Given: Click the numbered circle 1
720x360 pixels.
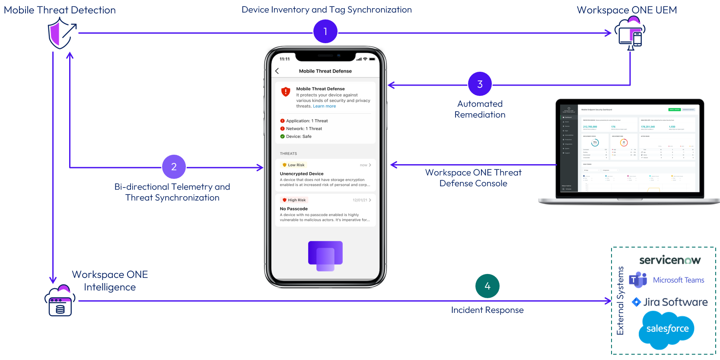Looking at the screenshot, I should pyautogui.click(x=325, y=32).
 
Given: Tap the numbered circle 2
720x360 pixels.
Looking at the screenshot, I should pyautogui.click(x=174, y=167).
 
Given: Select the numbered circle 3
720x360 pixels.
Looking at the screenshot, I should pyautogui.click(x=480, y=84).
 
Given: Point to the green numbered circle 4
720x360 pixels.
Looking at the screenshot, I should pyautogui.click(x=487, y=286).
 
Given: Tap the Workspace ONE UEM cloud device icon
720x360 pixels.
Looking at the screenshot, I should pyautogui.click(x=631, y=33).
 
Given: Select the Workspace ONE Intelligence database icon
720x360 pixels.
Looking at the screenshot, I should pyautogui.click(x=60, y=301).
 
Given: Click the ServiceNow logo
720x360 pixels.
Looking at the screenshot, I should pyautogui.click(x=669, y=260).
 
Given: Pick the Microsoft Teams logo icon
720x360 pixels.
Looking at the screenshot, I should pyautogui.click(x=638, y=280).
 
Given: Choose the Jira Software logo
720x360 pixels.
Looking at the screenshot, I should pyautogui.click(x=669, y=302).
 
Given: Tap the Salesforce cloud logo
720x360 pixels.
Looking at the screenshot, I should pyautogui.click(x=667, y=329).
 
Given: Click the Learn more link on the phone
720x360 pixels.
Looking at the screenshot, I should pyautogui.click(x=324, y=106).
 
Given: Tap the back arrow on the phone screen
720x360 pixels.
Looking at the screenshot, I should pyautogui.click(x=277, y=71).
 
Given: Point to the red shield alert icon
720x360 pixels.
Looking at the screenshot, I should pyautogui.click(x=286, y=92).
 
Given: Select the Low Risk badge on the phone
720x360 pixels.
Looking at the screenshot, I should pyautogui.click(x=293, y=165).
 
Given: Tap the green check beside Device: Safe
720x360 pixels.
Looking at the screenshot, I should pyautogui.click(x=282, y=137).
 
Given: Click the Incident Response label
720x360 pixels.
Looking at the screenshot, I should pyautogui.click(x=487, y=310).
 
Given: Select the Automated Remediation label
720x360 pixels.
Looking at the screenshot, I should pyautogui.click(x=480, y=109).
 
